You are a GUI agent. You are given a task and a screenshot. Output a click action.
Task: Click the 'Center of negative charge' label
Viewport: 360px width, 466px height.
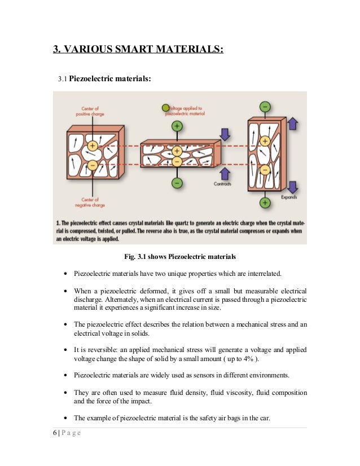(90, 202)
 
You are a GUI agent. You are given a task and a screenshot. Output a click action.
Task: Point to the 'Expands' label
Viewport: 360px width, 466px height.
(289, 197)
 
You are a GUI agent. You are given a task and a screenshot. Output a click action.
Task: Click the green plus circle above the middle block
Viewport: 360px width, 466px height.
(177, 126)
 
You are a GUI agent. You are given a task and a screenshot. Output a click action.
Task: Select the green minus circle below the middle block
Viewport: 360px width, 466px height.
(177, 183)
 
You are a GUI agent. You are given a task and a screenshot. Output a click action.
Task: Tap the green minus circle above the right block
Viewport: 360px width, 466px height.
(264, 107)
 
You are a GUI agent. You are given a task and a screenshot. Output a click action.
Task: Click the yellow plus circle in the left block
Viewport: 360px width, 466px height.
(93, 146)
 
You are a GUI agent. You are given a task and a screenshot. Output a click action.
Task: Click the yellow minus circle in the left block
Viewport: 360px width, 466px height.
(92, 165)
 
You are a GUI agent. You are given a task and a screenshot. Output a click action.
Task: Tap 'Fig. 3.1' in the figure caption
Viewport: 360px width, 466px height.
(135, 257)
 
